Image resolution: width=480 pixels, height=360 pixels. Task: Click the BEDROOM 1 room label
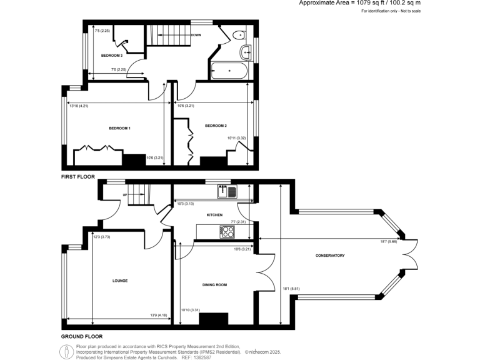(119, 128)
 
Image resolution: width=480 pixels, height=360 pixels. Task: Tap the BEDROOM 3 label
(112, 56)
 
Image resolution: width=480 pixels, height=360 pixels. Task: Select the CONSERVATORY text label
(331, 256)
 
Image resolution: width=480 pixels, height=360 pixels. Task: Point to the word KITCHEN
(215, 215)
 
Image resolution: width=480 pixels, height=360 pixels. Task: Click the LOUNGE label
(120, 281)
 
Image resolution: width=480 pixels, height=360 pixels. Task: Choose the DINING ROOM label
(214, 285)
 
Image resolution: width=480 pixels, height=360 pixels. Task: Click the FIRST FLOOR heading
(77, 177)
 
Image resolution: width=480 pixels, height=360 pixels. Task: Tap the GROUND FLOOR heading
(82, 336)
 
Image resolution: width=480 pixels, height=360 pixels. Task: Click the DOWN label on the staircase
(196, 35)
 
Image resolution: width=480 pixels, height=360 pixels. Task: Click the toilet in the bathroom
(237, 34)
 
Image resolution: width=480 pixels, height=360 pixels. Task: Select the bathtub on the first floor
(231, 71)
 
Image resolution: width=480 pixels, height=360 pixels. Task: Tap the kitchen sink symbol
(225, 191)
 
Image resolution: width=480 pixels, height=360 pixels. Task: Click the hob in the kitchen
(228, 232)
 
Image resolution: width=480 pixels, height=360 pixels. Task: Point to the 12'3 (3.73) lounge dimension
(102, 237)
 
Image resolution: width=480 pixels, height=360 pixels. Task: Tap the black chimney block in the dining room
(210, 319)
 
